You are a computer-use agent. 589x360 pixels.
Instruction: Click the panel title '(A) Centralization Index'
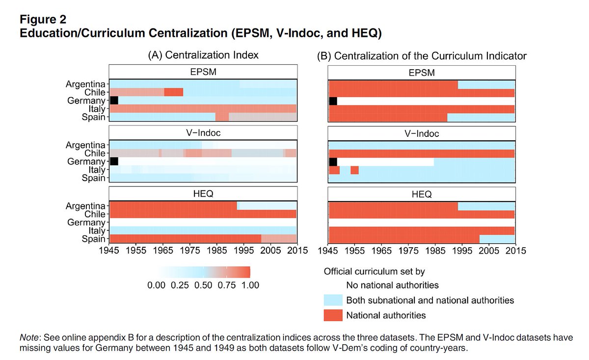203,56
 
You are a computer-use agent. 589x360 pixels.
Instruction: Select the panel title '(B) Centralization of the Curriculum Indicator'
422,56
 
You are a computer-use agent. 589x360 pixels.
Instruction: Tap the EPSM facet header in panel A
203,72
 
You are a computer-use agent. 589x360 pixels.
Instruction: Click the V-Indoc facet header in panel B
422,133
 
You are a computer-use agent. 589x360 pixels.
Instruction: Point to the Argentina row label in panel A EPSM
85,84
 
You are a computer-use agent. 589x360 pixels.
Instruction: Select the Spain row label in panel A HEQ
94,239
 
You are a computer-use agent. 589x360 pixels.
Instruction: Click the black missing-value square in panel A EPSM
114,101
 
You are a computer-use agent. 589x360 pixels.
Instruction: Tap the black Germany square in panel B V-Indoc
333,162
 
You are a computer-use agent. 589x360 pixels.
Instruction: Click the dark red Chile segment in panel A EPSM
173,92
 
